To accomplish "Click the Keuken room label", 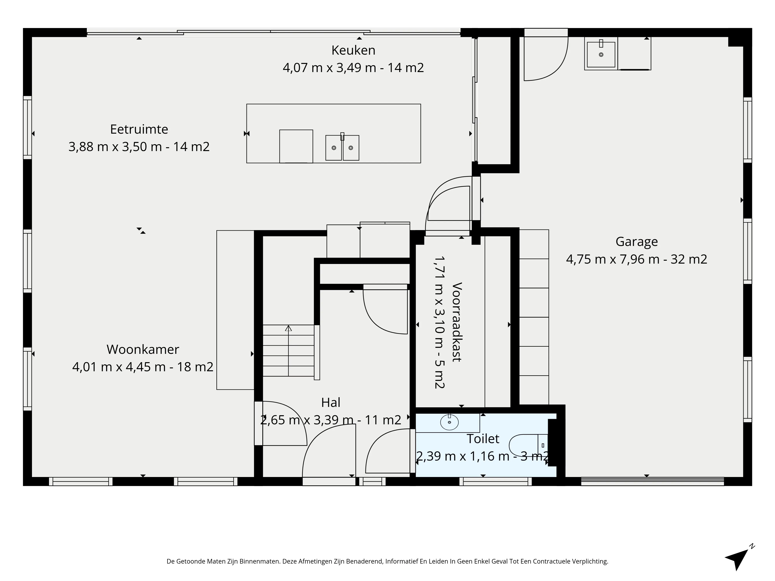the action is click(x=353, y=50).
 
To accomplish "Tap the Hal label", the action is click(x=331, y=403).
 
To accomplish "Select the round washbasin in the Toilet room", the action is click(x=449, y=422).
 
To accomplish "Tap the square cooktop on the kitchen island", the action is click(x=296, y=146).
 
